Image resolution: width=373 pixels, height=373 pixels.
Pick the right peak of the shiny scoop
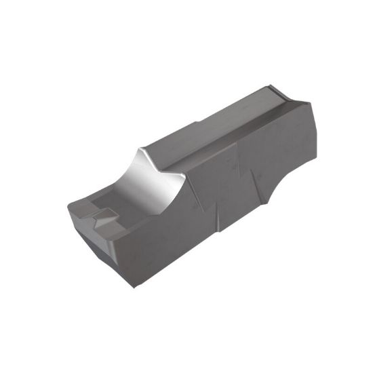click(x=184, y=176)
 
